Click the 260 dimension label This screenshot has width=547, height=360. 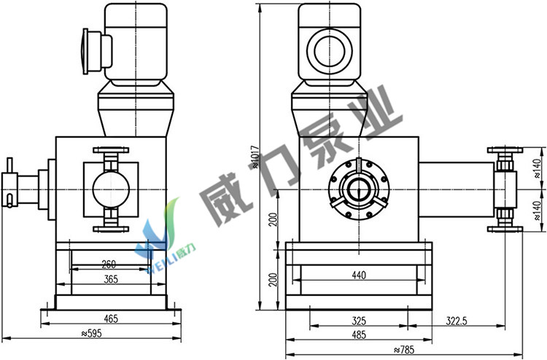click(x=109, y=265)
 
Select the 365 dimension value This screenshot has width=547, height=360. click(x=111, y=279)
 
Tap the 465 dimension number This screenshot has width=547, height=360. click(x=111, y=318)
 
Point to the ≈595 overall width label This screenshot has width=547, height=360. click(x=91, y=334)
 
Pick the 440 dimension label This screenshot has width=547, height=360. click(x=359, y=275)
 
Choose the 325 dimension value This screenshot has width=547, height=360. click(x=359, y=321)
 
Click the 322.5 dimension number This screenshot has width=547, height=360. click(x=457, y=321)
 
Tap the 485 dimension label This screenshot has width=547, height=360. click(x=359, y=335)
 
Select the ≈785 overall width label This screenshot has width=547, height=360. click(x=404, y=350)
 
